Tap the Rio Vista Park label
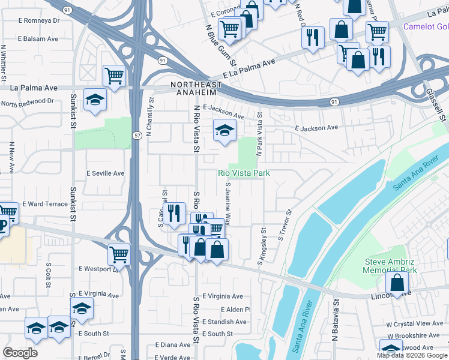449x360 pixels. point(243,173)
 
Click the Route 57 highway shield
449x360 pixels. point(137,136)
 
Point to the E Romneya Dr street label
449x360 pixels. point(39,20)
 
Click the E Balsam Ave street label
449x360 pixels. point(38,38)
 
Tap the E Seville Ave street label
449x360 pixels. point(105,173)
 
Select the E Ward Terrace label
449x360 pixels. point(45,204)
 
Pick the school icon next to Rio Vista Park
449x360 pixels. point(224,130)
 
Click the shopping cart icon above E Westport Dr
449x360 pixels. point(119,254)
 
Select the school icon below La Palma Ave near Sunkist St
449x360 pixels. point(95,100)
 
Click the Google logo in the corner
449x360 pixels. point(20,352)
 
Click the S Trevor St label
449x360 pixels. point(284,225)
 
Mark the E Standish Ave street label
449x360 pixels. point(224,322)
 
